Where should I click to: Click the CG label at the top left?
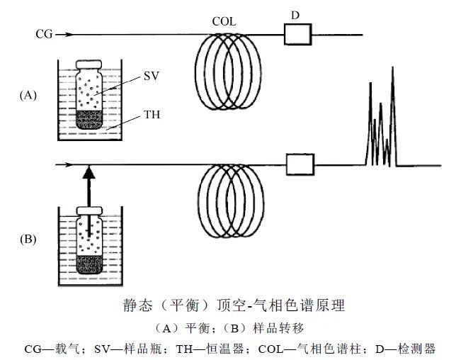(44, 33)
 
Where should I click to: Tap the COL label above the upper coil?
(224, 22)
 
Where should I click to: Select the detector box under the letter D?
(295, 33)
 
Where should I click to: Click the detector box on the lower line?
(300, 165)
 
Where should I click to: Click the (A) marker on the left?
(30, 94)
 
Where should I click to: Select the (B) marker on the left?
(29, 240)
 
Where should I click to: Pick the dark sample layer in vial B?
(89, 265)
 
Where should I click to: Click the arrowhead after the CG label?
(68, 33)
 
